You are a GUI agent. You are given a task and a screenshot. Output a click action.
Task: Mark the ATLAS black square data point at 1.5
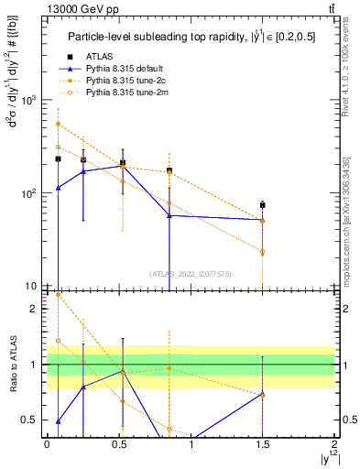pyautogui.click(x=263, y=205)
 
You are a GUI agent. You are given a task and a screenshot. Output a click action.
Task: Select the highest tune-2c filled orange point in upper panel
pyautogui.click(x=58, y=124)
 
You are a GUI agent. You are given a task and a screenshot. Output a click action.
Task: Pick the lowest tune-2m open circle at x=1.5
pyautogui.click(x=263, y=252)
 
